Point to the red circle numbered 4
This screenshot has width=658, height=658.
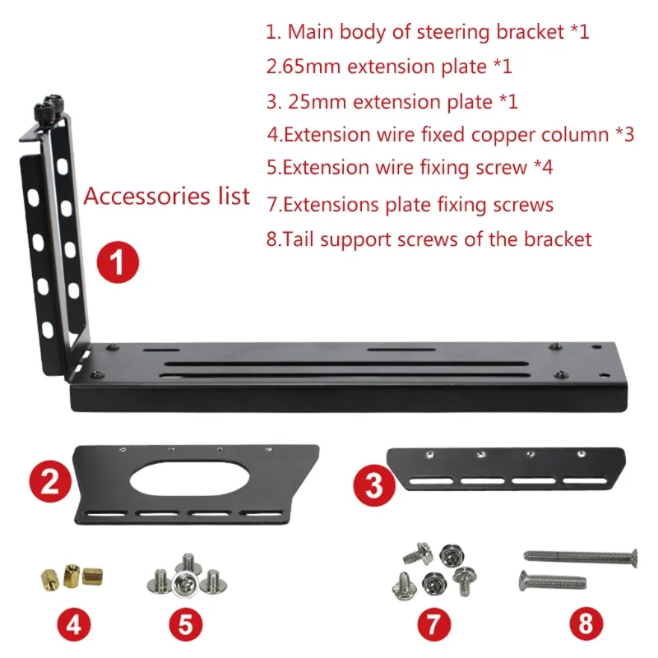[x=74, y=623]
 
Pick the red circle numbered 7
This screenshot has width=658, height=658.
[x=434, y=623]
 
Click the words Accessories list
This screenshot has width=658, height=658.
[x=167, y=197]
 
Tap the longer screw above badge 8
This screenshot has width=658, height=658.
[x=580, y=557]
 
